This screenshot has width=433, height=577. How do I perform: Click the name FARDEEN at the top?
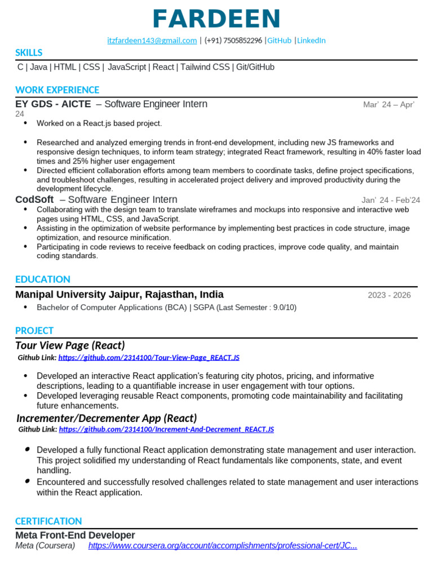(x=216, y=19)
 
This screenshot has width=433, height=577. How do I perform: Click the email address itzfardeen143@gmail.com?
(x=152, y=41)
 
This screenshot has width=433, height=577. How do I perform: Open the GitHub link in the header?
(x=279, y=41)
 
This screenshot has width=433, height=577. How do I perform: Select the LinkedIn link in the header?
(x=311, y=41)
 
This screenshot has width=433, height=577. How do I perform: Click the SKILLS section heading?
(x=29, y=53)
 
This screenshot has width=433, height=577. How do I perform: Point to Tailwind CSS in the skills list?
(x=205, y=67)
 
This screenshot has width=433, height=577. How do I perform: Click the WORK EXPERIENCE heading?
(x=57, y=90)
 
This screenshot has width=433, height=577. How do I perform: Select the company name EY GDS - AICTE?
(x=53, y=104)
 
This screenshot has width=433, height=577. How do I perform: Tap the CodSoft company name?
(x=34, y=200)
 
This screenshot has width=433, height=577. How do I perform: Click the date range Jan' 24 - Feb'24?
(x=390, y=201)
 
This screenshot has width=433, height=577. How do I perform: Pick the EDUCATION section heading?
(x=43, y=279)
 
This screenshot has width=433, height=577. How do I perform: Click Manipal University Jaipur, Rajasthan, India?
(x=120, y=295)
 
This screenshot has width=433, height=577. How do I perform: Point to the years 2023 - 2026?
(x=389, y=295)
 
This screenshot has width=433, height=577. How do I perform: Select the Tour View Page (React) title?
(x=70, y=345)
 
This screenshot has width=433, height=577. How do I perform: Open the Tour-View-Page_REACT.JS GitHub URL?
(x=149, y=358)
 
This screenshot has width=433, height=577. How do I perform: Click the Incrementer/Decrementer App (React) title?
(x=107, y=418)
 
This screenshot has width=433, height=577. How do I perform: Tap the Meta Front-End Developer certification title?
(x=75, y=535)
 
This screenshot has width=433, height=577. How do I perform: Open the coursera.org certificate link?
(x=223, y=546)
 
